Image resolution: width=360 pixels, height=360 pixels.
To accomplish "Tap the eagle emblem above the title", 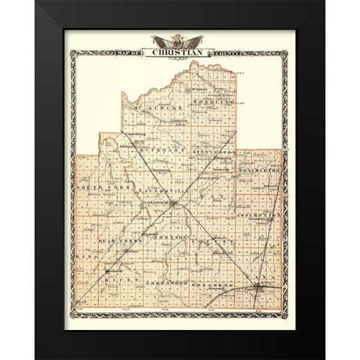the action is [x=180, y=40].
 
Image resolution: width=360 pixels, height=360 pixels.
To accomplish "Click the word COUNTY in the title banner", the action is [x=229, y=52].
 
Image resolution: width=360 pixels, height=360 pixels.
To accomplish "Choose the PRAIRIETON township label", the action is [x=260, y=170].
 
